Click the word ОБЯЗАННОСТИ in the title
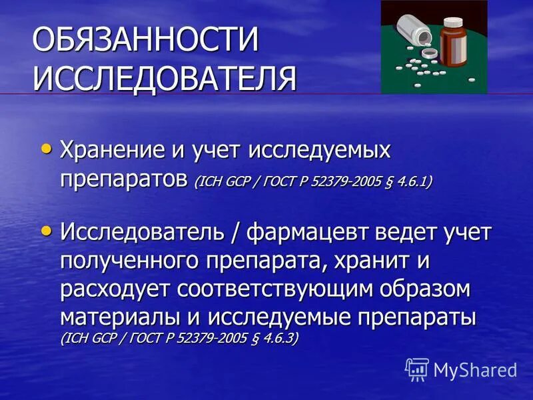pos(145,41)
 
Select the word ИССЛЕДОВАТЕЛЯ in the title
pos(164,78)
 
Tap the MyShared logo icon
pos(417,368)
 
